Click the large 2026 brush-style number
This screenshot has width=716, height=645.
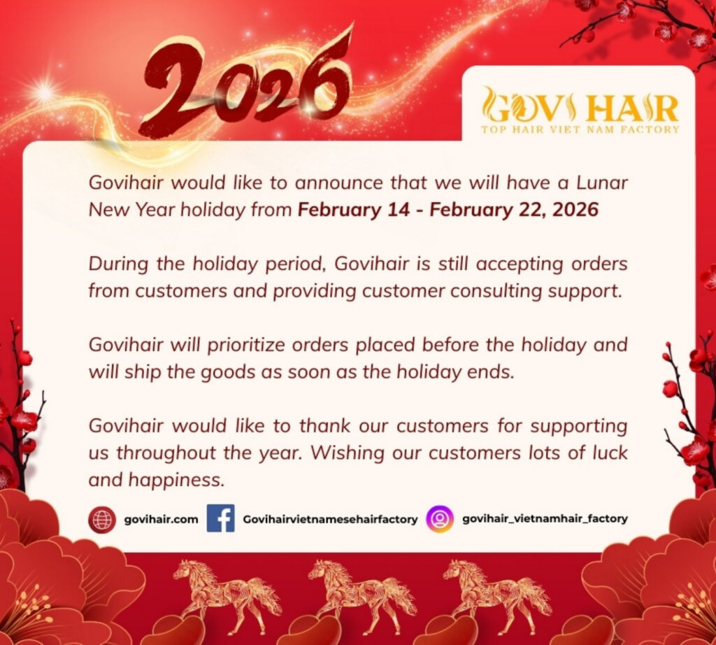pyautogui.click(x=245, y=87)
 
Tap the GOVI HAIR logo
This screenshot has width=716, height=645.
pyautogui.click(x=580, y=106)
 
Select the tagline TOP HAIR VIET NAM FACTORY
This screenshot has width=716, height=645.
pyautogui.click(x=580, y=129)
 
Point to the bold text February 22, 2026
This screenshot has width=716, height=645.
pyautogui.click(x=514, y=210)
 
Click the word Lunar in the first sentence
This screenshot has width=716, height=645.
pyautogui.click(x=602, y=183)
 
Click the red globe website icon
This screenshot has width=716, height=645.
pyautogui.click(x=102, y=520)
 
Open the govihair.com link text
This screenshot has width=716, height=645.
pyautogui.click(x=161, y=520)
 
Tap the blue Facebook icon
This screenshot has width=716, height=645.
pyautogui.click(x=220, y=519)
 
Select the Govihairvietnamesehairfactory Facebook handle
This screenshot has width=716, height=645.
pyautogui.click(x=330, y=520)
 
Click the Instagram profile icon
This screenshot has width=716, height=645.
pyautogui.click(x=440, y=519)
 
